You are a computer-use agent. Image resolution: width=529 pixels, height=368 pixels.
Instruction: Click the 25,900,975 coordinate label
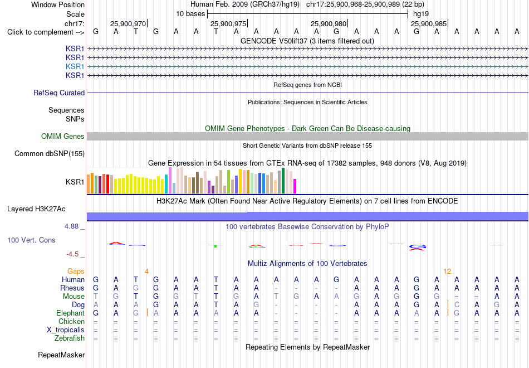[x=228, y=23]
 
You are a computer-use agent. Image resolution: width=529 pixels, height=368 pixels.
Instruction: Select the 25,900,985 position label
[x=429, y=23]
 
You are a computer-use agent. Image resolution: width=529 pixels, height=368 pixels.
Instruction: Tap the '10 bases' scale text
[x=190, y=14]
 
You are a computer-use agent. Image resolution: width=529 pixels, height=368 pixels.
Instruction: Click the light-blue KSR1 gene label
[x=75, y=66]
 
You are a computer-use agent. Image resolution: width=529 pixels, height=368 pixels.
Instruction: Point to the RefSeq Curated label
[x=59, y=93]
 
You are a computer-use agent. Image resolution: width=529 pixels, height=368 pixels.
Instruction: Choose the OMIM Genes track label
[x=63, y=136]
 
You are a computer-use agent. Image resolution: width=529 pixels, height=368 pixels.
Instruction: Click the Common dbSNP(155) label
[x=50, y=154]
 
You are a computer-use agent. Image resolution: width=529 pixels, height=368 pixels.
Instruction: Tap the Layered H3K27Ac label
[x=36, y=209]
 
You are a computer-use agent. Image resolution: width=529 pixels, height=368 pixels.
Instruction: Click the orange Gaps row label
[x=76, y=272]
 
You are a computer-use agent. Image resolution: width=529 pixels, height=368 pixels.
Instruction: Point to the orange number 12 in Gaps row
[x=447, y=272]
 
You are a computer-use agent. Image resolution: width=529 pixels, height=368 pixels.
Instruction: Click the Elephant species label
[x=71, y=313]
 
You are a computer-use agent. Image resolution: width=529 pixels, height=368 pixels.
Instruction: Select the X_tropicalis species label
[x=66, y=330]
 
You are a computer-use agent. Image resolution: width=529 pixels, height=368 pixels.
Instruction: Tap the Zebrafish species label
[x=70, y=338]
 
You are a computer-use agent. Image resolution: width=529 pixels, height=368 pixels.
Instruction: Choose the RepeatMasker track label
[x=61, y=355]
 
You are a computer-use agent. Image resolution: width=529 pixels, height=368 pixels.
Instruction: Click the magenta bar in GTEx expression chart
[x=295, y=186]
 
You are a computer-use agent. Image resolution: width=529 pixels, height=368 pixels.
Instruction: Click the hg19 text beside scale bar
[x=421, y=14]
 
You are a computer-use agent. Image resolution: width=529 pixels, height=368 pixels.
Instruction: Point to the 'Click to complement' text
[x=40, y=32]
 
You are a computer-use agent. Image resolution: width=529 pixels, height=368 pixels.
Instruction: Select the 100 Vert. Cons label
[x=31, y=240]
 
